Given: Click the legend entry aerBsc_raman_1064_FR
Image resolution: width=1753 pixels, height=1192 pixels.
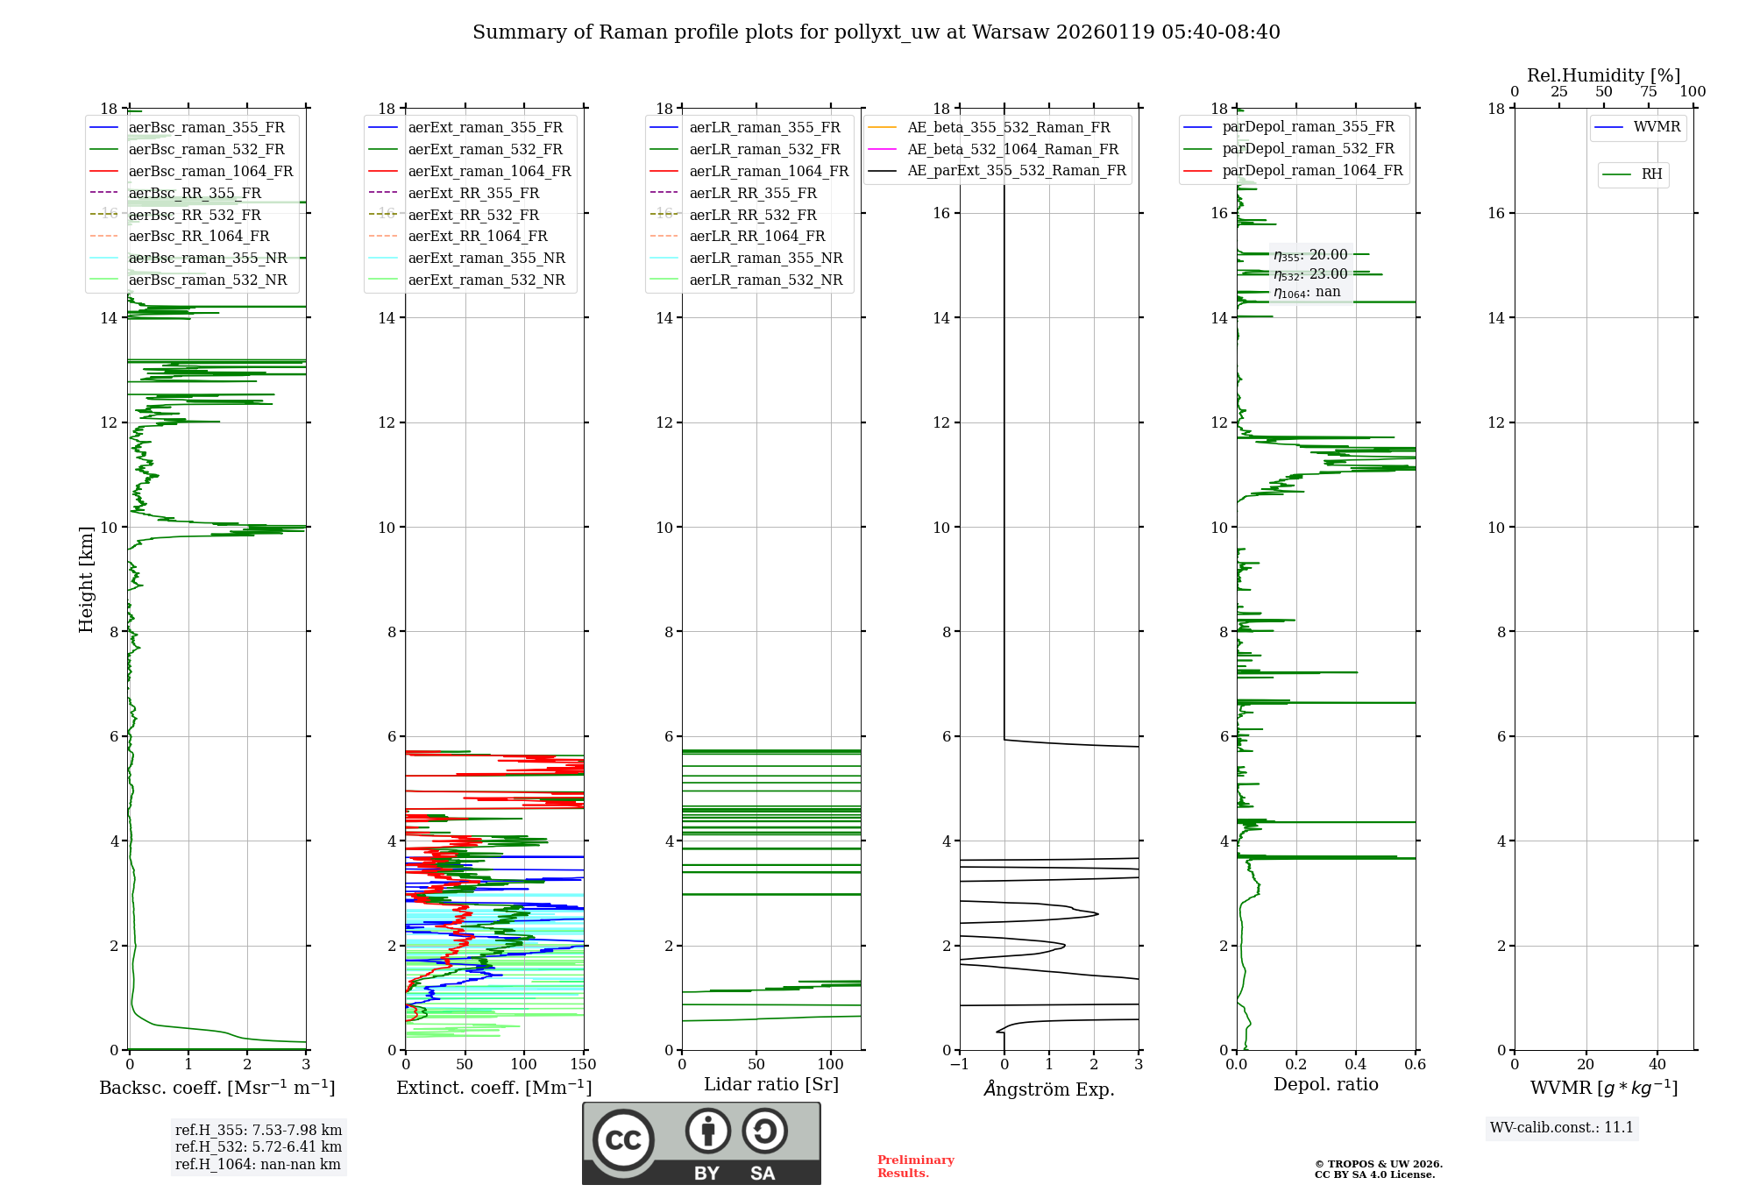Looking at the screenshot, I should click(x=210, y=172).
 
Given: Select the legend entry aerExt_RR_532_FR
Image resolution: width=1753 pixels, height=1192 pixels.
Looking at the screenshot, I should click(x=473, y=216).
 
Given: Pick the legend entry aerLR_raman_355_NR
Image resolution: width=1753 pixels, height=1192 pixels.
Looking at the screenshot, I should click(x=765, y=259).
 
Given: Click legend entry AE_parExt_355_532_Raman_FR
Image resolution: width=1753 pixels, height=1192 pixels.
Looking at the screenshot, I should click(x=1016, y=171).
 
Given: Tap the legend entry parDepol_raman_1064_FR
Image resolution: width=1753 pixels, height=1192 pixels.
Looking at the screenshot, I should click(x=1312, y=171).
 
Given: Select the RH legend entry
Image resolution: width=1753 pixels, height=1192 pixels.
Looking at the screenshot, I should click(x=1651, y=174).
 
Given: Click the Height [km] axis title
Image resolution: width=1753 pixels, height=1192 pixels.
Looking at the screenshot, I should click(x=86, y=579).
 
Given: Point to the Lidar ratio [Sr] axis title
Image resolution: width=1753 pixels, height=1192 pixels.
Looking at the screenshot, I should click(x=771, y=1085).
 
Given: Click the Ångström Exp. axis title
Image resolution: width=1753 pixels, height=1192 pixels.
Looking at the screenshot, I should click(x=1049, y=1089).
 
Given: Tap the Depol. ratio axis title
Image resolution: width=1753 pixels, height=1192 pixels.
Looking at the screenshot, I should click(x=1325, y=1085).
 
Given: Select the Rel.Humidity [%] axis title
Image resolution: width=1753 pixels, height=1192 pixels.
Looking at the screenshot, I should click(x=1603, y=75).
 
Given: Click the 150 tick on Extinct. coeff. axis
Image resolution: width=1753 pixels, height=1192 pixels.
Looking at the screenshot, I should click(x=583, y=1065).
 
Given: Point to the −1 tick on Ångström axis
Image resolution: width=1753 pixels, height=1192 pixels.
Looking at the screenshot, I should click(x=960, y=1065).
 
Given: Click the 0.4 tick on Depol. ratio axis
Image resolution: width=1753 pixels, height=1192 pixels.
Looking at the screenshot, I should click(x=1356, y=1065).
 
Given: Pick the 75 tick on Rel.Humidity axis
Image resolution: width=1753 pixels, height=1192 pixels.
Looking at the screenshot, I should click(x=1649, y=92).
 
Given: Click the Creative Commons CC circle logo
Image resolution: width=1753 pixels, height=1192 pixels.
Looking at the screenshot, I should click(x=623, y=1140).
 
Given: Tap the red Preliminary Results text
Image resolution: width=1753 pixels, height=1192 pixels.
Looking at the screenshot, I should click(x=915, y=1167).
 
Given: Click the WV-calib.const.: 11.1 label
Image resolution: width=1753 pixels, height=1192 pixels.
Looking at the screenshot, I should click(x=1562, y=1128).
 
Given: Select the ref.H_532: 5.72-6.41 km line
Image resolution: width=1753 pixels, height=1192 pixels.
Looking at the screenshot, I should click(x=259, y=1147).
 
